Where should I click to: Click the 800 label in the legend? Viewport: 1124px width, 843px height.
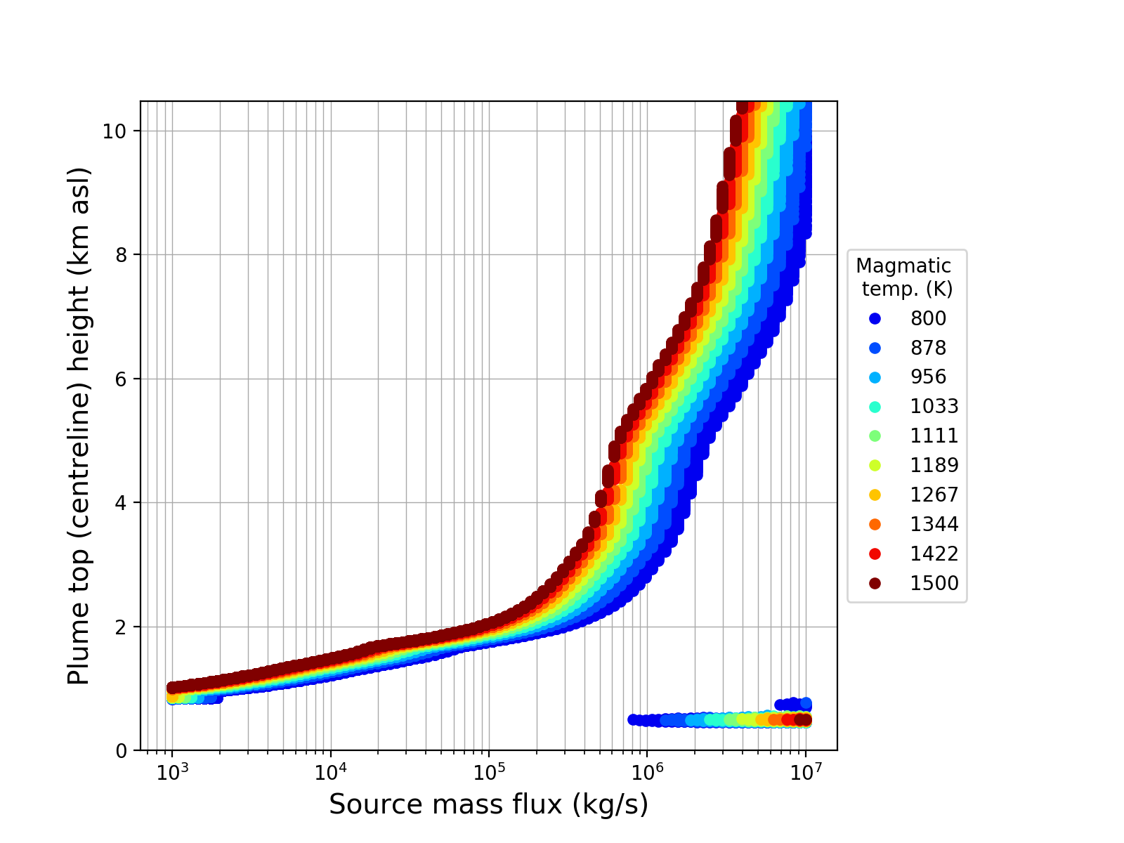tap(928, 319)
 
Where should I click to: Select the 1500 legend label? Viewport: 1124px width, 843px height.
tap(934, 584)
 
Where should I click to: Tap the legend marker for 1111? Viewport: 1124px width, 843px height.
tap(875, 436)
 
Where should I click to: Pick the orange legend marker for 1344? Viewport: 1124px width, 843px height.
tap(875, 525)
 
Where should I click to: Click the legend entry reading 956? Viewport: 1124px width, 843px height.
tap(928, 377)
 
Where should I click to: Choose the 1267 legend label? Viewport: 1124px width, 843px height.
tap(934, 495)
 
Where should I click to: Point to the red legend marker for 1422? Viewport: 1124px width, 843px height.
tap(875, 554)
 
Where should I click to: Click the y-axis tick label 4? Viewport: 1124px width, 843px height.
tap(122, 503)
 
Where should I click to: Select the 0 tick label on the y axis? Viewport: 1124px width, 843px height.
tap(122, 751)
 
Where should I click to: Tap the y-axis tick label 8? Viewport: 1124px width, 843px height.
tap(122, 255)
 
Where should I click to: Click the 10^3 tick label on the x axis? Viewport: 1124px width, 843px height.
tap(171, 772)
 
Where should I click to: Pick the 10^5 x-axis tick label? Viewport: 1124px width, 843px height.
tap(489, 772)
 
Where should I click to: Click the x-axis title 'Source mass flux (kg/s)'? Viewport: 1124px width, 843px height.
tap(488, 805)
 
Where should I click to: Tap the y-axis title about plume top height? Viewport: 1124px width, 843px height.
tap(79, 426)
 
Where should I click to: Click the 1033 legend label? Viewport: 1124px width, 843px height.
tap(934, 407)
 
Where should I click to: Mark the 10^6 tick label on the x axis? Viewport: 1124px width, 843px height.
tap(647, 772)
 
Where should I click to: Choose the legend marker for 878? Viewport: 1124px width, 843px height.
tap(875, 348)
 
